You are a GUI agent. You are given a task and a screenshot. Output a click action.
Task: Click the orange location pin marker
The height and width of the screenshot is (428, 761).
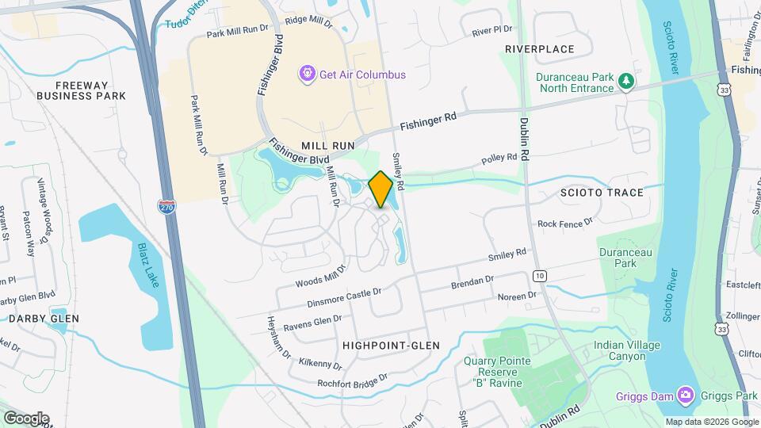[380, 189]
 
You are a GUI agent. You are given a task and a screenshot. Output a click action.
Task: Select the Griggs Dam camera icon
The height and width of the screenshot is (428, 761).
[685, 396]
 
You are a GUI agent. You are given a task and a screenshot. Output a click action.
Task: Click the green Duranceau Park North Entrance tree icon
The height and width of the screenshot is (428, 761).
[626, 81]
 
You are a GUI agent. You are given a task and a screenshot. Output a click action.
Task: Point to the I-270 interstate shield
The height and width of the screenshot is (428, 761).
[166, 208]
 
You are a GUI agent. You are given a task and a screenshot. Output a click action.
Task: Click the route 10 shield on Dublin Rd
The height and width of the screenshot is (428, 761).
[539, 275]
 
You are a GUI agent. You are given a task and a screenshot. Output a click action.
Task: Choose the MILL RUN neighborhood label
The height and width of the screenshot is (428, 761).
[327, 147]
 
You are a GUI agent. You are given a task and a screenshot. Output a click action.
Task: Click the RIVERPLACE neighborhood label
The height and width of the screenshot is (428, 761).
[539, 49]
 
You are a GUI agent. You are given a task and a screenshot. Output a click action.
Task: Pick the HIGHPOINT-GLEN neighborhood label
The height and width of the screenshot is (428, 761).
[391, 346]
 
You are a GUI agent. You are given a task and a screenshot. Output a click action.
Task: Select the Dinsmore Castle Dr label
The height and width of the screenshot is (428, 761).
[344, 298]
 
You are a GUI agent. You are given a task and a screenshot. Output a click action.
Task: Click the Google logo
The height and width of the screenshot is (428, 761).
[26, 418]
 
